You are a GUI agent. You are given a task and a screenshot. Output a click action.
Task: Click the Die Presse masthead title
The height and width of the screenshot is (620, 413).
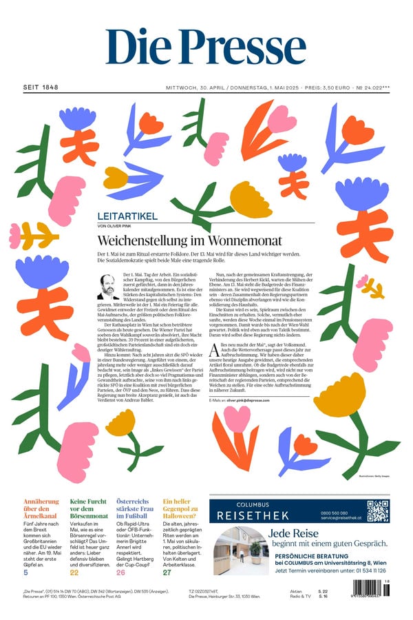(x=206, y=46)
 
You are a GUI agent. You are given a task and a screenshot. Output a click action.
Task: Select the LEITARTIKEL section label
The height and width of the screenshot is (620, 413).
(x=127, y=216)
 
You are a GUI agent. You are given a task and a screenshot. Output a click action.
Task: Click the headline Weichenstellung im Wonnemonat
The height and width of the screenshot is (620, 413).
(x=189, y=240)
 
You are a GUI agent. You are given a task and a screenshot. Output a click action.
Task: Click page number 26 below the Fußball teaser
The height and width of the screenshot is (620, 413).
(x=120, y=572)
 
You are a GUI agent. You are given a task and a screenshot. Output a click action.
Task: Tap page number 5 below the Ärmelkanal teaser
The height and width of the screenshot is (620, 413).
(x=25, y=572)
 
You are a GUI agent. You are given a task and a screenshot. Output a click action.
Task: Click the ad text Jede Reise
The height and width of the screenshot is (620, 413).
(x=298, y=534)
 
